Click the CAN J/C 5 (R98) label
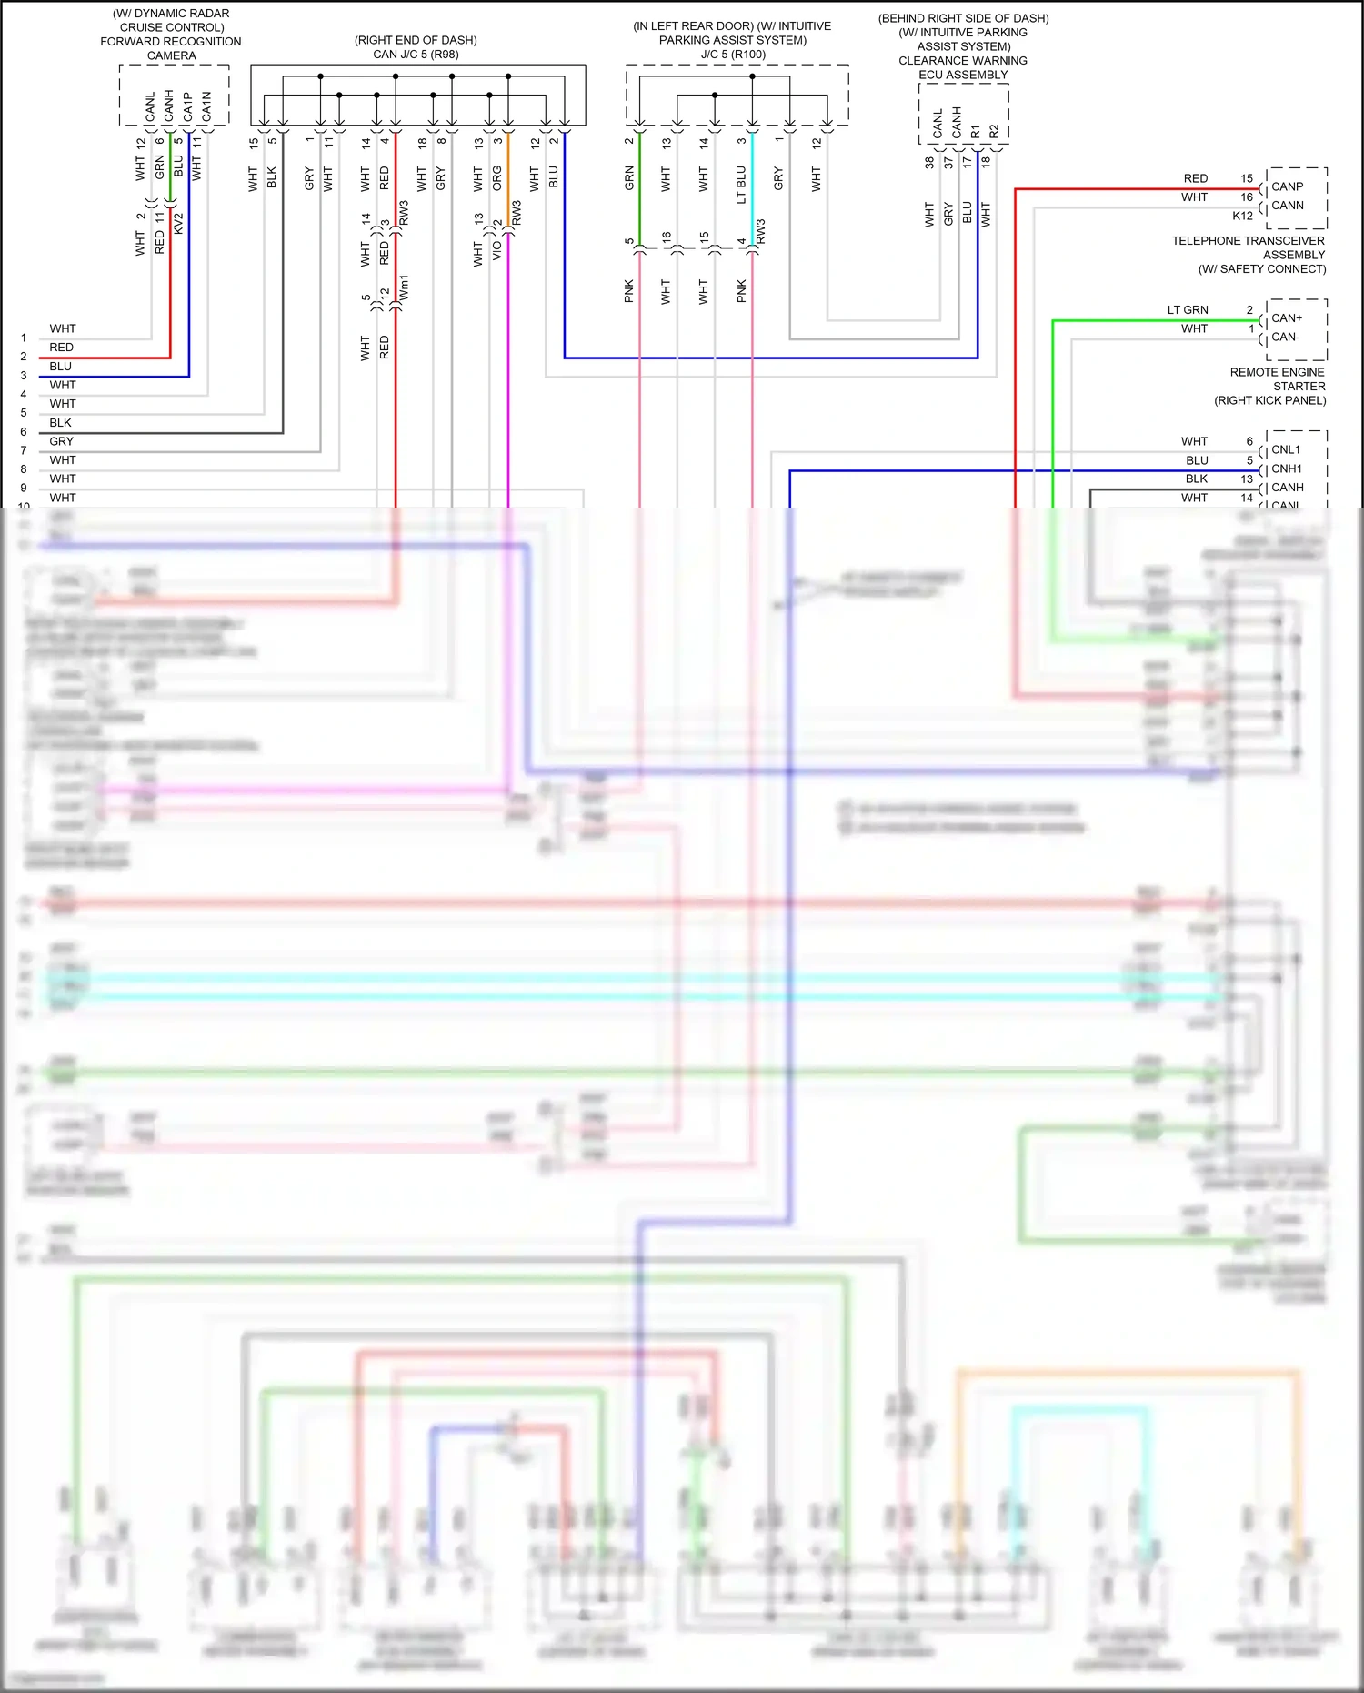pyautogui.click(x=416, y=55)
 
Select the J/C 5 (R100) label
pyautogui.click(x=733, y=55)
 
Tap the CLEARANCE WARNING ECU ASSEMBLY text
pyautogui.click(x=963, y=67)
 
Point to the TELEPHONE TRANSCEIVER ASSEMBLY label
pyautogui.click(x=1248, y=247)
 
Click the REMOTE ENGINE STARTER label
pyautogui.click(x=1277, y=379)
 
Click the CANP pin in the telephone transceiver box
pyautogui.click(x=1287, y=186)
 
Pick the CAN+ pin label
pyautogui.click(x=1287, y=318)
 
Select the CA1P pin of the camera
pyautogui.click(x=188, y=106)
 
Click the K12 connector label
pyautogui.click(x=1242, y=216)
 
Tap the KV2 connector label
pyautogui.click(x=178, y=224)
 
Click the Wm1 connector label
pyautogui.click(x=404, y=287)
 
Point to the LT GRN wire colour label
pyautogui.click(x=1188, y=310)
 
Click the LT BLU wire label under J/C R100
pyautogui.click(x=741, y=185)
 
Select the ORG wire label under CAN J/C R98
pyautogui.click(x=496, y=178)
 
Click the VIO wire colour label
pyautogui.click(x=496, y=250)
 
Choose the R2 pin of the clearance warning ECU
pyautogui.click(x=994, y=131)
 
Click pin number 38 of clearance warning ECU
pyautogui.click(x=929, y=163)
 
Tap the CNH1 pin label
pyautogui.click(x=1287, y=469)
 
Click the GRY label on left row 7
pyautogui.click(x=61, y=441)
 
